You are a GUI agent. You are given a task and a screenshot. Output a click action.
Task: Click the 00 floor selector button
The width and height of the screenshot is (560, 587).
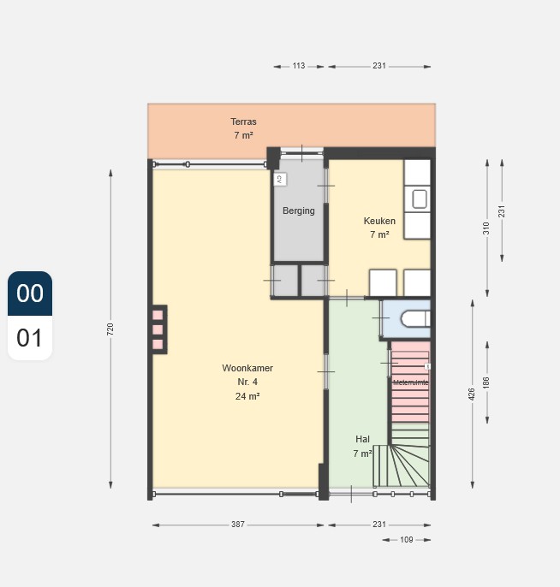30,293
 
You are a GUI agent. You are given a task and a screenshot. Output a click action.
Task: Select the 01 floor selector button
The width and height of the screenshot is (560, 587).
30,338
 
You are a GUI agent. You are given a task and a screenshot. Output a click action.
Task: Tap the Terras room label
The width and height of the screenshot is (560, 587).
243,122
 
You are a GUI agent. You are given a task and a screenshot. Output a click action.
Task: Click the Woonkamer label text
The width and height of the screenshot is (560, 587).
247,368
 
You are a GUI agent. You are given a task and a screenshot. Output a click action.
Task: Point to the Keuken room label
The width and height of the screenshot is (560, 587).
379,221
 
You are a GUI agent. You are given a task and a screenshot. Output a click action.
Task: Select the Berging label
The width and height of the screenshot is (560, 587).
299,210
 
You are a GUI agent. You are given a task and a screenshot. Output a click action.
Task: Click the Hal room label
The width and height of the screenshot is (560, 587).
362,439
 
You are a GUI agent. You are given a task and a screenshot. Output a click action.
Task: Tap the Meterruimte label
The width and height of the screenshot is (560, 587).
410,382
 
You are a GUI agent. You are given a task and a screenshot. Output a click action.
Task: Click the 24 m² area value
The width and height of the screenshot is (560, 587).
247,396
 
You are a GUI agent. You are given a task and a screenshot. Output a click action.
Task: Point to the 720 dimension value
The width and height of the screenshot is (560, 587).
110,329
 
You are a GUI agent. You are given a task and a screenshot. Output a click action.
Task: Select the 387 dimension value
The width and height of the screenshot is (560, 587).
237,525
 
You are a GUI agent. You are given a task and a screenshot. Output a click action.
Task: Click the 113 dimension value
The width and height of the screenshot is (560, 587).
299,66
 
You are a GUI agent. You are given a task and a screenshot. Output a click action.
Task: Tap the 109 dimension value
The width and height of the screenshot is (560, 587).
407,540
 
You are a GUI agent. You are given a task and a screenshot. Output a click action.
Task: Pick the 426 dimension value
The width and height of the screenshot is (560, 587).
472,393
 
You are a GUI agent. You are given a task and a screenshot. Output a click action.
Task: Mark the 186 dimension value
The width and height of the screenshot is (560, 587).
486,382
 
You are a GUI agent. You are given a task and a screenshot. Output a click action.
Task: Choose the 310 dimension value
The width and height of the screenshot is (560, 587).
486,228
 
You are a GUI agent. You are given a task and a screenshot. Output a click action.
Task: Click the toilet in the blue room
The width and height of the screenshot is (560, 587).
415,318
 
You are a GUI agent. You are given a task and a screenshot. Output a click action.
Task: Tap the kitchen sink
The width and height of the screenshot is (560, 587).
420,199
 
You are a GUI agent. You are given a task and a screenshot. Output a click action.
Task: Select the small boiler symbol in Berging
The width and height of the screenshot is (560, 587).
279,179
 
